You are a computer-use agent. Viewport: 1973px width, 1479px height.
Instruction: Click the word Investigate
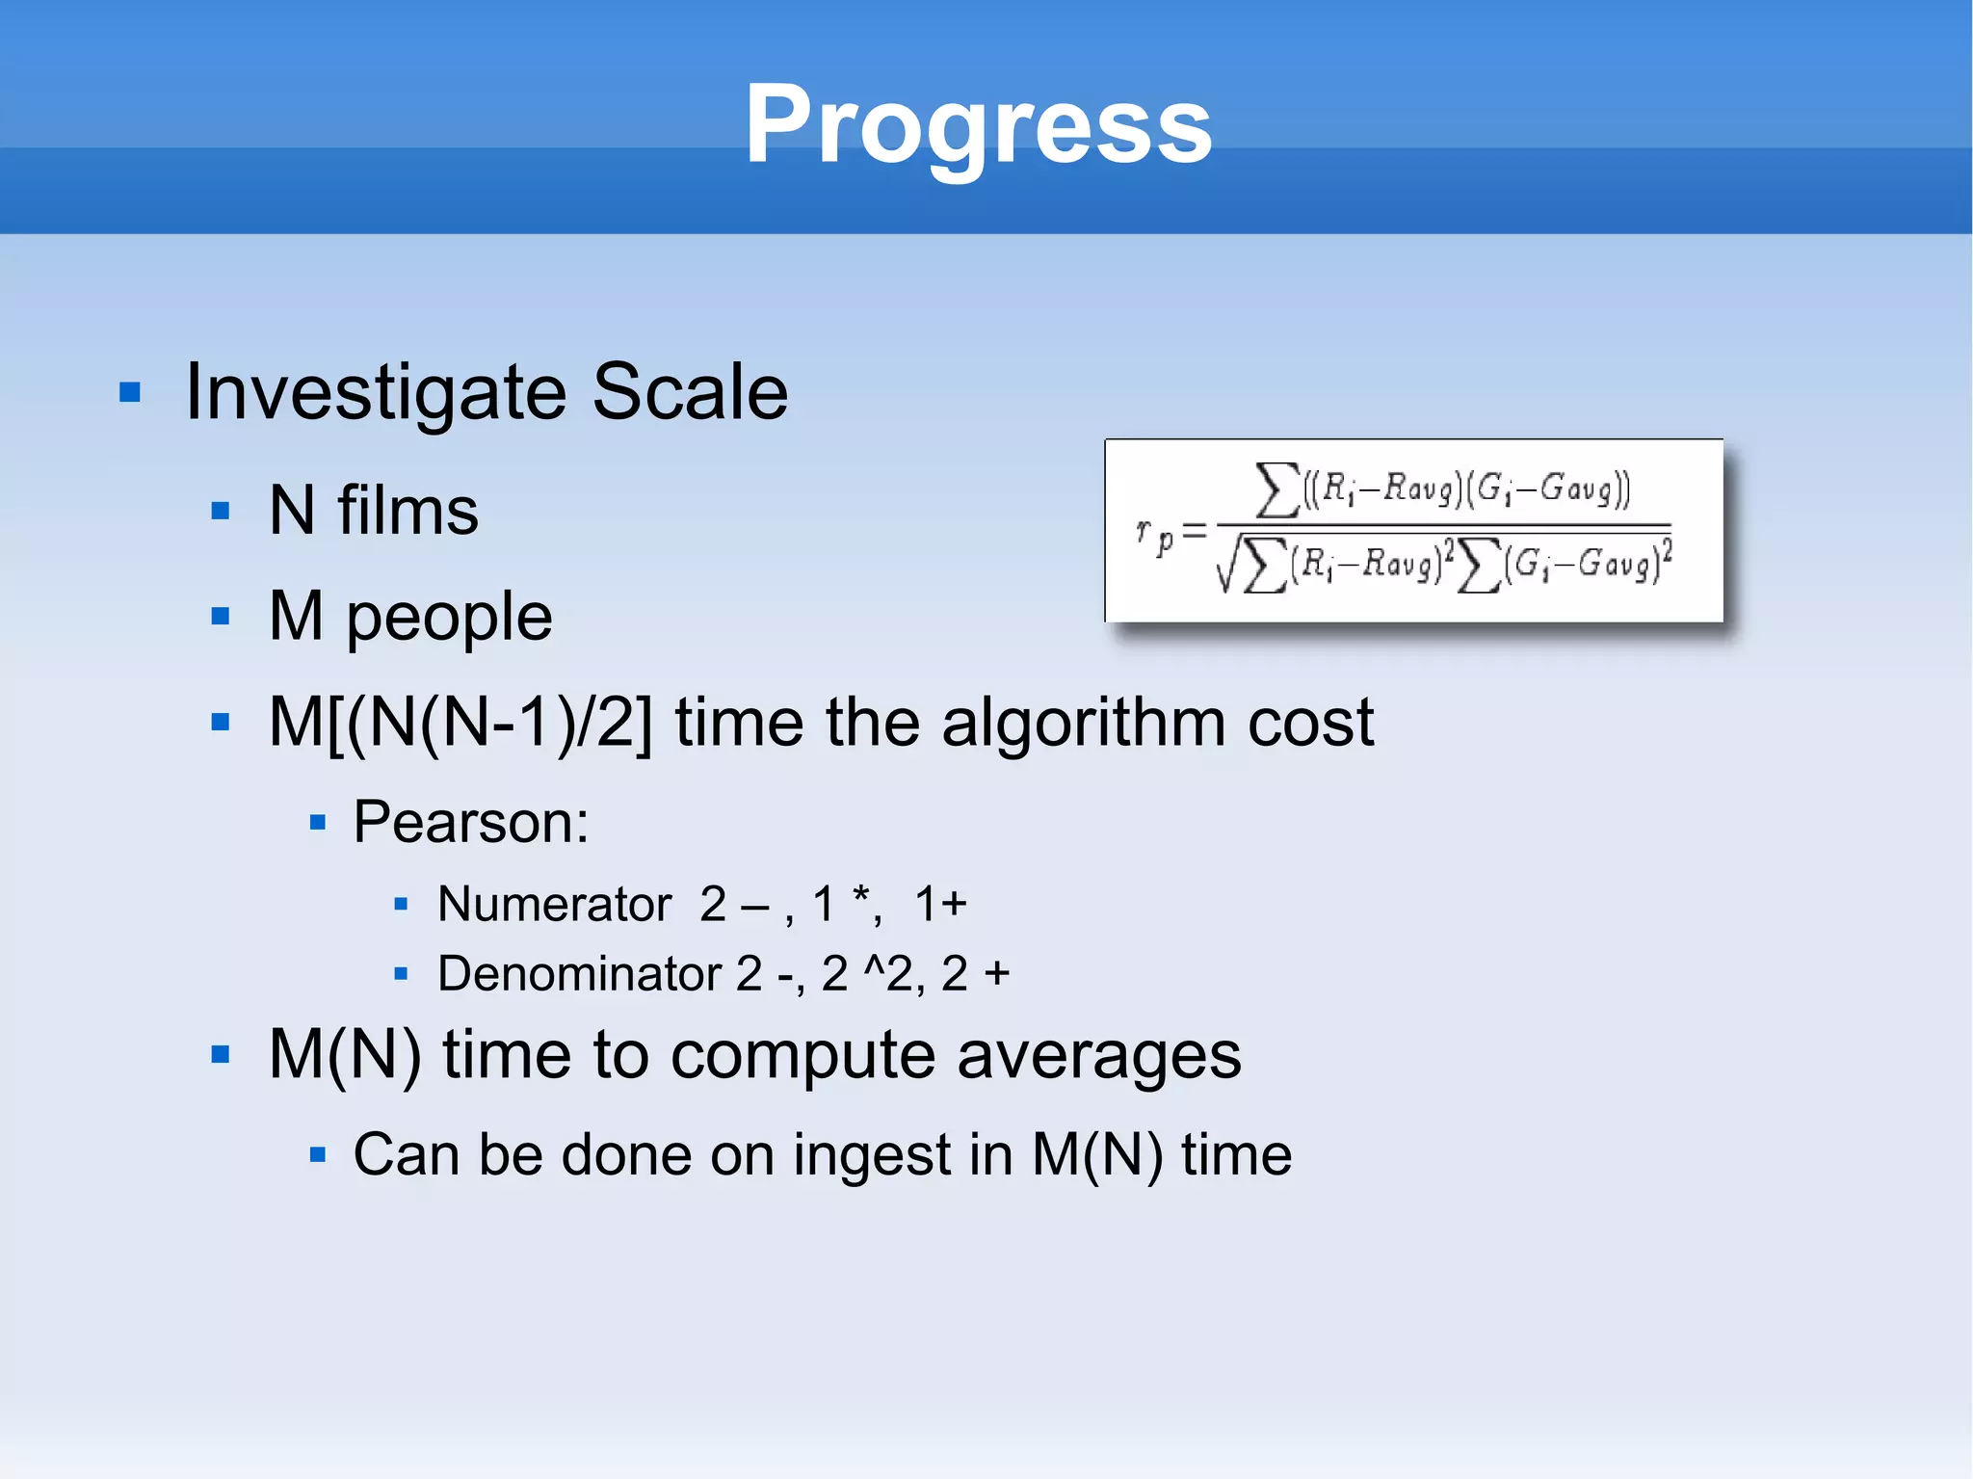pyautogui.click(x=376, y=392)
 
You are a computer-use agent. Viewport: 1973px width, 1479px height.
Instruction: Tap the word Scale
pyautogui.click(x=690, y=392)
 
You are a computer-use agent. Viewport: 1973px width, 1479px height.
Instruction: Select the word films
pyautogui.click(x=408, y=511)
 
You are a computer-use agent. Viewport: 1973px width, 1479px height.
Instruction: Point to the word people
pyautogui.click(x=449, y=619)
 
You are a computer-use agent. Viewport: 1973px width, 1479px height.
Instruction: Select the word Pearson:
pyautogui.click(x=470, y=823)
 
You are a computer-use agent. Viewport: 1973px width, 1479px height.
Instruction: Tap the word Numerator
pyautogui.click(x=554, y=905)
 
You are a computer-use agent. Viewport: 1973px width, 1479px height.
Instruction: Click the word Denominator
pyautogui.click(x=579, y=974)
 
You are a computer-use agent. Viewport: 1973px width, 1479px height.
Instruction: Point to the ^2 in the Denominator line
pyautogui.click(x=887, y=974)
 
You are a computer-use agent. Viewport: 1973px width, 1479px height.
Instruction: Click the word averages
pyautogui.click(x=1098, y=1055)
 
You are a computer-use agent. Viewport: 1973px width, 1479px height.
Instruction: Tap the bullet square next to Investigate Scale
pyautogui.click(x=130, y=393)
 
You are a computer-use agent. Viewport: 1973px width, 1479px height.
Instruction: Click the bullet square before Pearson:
pyautogui.click(x=318, y=824)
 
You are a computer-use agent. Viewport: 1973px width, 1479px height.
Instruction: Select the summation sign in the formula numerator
pyautogui.click(x=1276, y=489)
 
